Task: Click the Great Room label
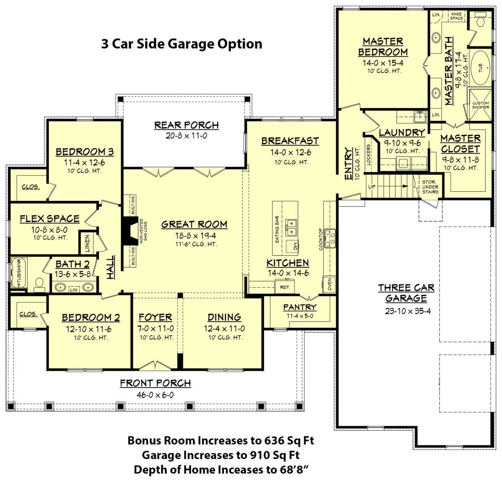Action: (195, 225)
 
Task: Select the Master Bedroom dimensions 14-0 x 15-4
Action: (383, 63)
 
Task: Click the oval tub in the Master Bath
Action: (481, 68)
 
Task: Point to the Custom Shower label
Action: (481, 105)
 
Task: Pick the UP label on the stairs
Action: (372, 187)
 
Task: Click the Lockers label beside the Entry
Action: (369, 155)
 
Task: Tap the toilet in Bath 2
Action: (39, 285)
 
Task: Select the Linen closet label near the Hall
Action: (87, 243)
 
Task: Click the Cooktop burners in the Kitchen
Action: (330, 238)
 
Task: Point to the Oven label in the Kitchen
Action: (330, 284)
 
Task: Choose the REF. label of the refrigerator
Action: (285, 287)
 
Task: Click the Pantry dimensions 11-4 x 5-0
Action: (300, 316)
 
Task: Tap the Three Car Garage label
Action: (406, 293)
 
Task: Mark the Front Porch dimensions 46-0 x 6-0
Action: (155, 395)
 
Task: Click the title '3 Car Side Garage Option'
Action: (182, 44)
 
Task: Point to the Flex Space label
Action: (50, 219)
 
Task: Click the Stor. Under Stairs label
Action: (430, 187)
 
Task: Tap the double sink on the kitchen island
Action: (292, 228)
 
